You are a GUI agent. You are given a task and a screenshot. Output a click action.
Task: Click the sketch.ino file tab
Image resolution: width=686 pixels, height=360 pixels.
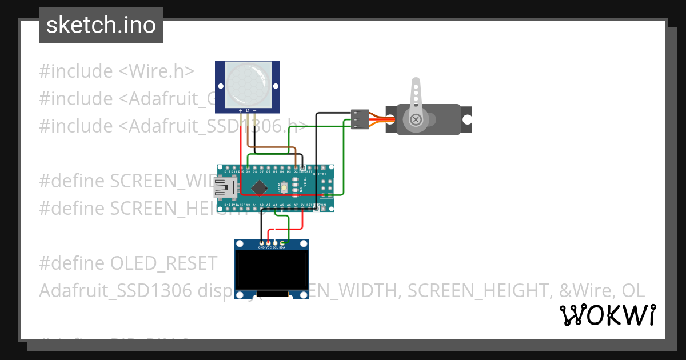pos(101,25)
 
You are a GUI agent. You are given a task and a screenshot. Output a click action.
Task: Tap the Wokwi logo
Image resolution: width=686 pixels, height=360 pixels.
pos(607,315)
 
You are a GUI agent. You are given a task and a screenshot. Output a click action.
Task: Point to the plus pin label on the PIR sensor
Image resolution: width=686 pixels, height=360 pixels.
pos(240,110)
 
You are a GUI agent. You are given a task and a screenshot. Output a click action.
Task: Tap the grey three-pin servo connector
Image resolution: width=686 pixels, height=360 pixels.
pos(360,119)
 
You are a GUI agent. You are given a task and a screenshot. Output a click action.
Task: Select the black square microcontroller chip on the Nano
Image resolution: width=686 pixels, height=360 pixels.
pos(260,187)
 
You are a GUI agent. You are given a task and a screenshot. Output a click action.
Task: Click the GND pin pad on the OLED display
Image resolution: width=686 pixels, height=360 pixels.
pos(261,243)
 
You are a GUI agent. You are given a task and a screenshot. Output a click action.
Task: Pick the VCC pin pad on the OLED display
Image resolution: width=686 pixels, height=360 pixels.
pos(268,243)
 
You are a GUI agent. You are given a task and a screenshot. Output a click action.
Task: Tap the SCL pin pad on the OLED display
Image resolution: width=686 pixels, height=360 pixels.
pos(275,243)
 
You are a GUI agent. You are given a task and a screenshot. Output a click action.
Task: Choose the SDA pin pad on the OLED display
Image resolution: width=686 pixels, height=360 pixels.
pos(282,243)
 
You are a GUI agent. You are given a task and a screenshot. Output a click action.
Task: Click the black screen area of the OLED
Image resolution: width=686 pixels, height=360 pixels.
pos(272,269)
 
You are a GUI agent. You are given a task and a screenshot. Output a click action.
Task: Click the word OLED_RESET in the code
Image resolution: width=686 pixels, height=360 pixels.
pos(163,263)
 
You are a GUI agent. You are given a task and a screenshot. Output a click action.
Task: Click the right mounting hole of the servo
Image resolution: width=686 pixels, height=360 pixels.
pos(467,120)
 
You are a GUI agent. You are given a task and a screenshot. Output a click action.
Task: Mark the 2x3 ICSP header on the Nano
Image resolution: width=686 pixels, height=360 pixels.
pos(328,187)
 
